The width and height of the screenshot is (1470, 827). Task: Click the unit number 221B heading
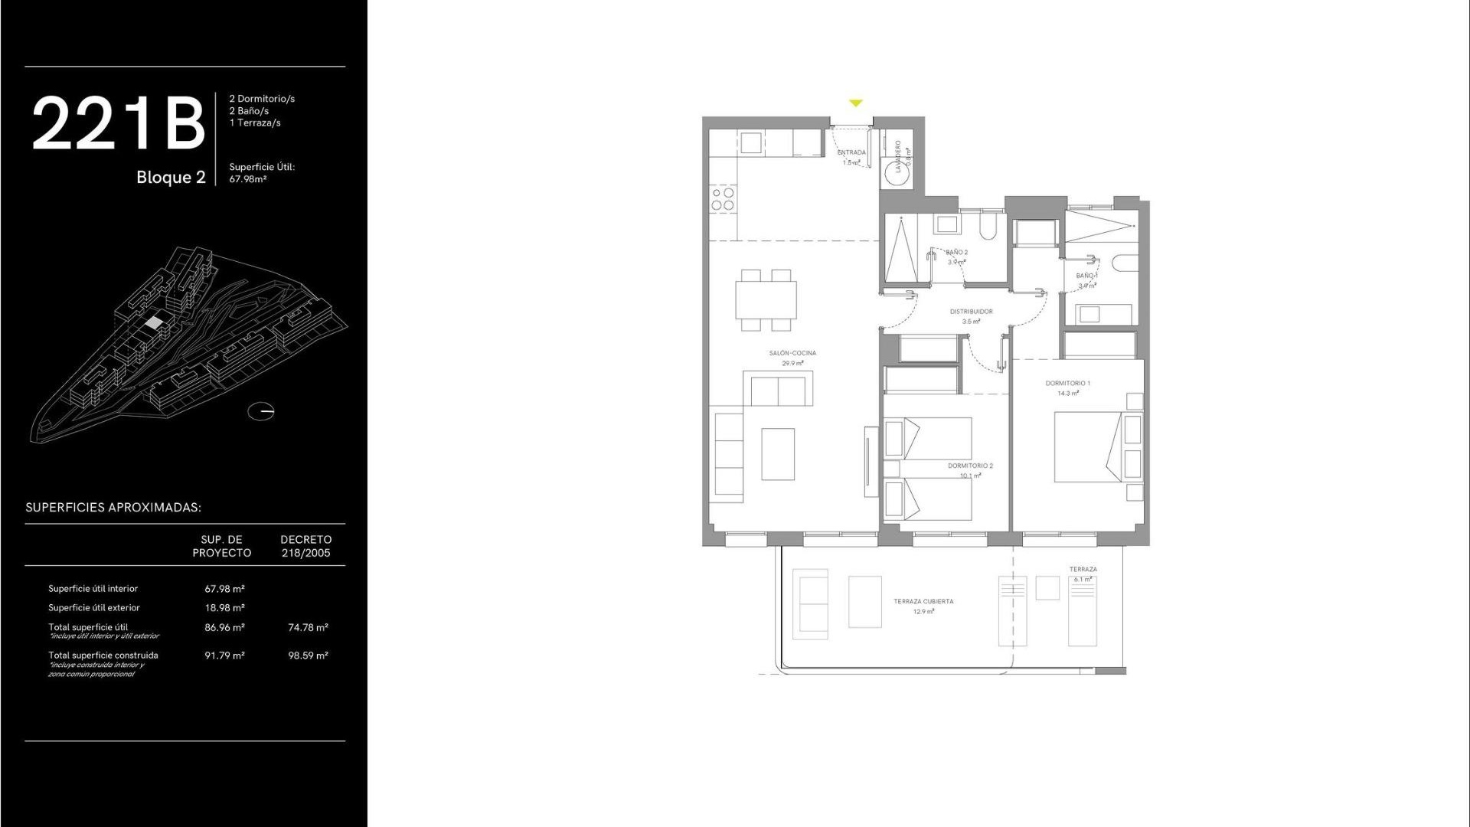(119, 123)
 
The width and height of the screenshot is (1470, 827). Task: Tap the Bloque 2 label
(171, 178)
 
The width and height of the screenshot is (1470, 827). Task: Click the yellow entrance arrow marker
(856, 103)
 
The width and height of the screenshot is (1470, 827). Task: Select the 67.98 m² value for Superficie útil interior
(224, 589)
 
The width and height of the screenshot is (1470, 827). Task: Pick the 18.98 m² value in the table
(224, 608)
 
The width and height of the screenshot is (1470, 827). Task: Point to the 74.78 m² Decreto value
(308, 627)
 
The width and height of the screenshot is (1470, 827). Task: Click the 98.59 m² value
(308, 655)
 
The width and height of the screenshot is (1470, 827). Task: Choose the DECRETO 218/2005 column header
(305, 546)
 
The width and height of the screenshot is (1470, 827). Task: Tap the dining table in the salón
(766, 300)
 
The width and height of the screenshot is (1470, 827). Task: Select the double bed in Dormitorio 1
(1088, 447)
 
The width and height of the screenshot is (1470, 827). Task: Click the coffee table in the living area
(778, 454)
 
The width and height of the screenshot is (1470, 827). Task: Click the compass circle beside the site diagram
(261, 411)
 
